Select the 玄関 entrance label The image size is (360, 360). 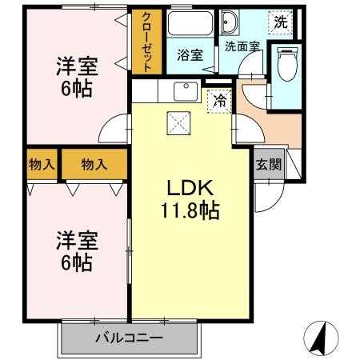268,166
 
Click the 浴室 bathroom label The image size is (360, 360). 190,55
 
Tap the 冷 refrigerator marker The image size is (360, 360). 218,101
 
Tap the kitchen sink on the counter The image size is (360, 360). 185,90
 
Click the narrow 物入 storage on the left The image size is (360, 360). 40,166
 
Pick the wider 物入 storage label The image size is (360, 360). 94,166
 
